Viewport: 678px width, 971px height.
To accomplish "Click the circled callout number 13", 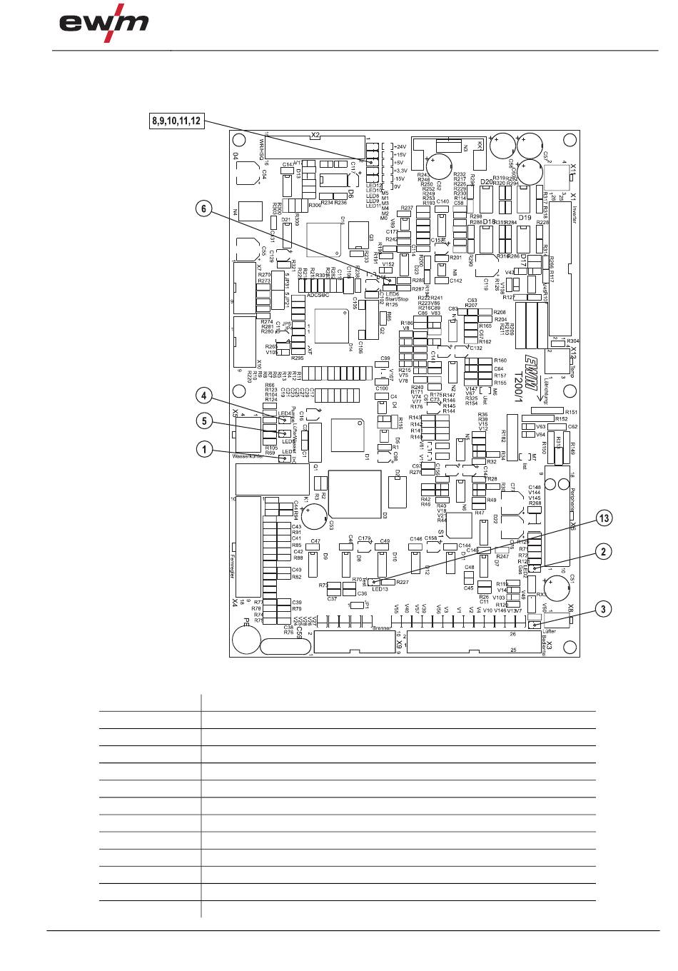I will pos(604,520).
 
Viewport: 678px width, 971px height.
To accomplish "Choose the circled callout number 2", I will pos(604,550).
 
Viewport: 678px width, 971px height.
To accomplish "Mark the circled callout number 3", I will pos(604,609).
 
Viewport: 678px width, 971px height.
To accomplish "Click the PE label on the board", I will pos(246,623).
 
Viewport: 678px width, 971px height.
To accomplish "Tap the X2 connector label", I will pos(315,136).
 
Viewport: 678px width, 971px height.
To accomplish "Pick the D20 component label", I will pos(487,182).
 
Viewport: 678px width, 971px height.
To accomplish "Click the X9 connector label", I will pos(399,643).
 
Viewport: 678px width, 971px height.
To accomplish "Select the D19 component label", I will pos(525,218).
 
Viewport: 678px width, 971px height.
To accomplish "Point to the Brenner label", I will pos(382,628).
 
